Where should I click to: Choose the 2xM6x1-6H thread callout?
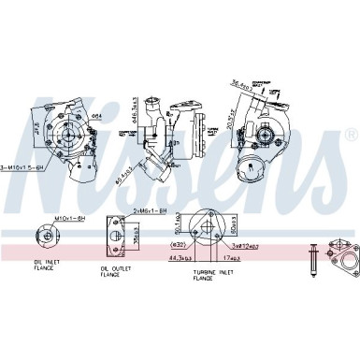tap(151, 210)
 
